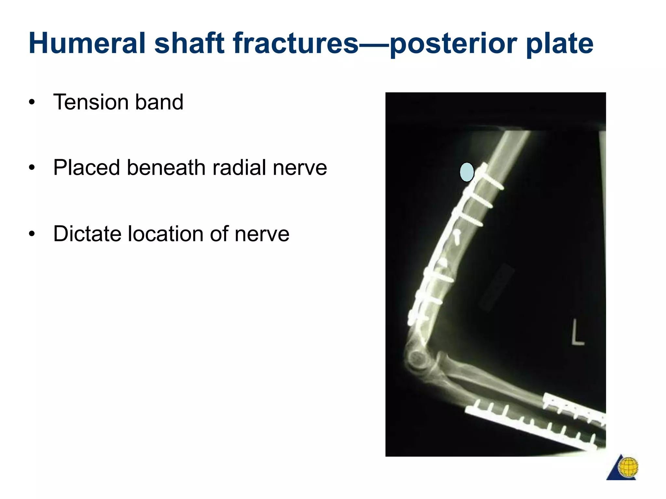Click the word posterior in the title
tap(454, 44)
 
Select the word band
tap(159, 102)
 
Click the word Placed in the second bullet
tap(87, 168)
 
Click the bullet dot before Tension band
tap(32, 103)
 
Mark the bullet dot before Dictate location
tap(32, 234)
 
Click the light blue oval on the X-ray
tap(467, 172)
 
